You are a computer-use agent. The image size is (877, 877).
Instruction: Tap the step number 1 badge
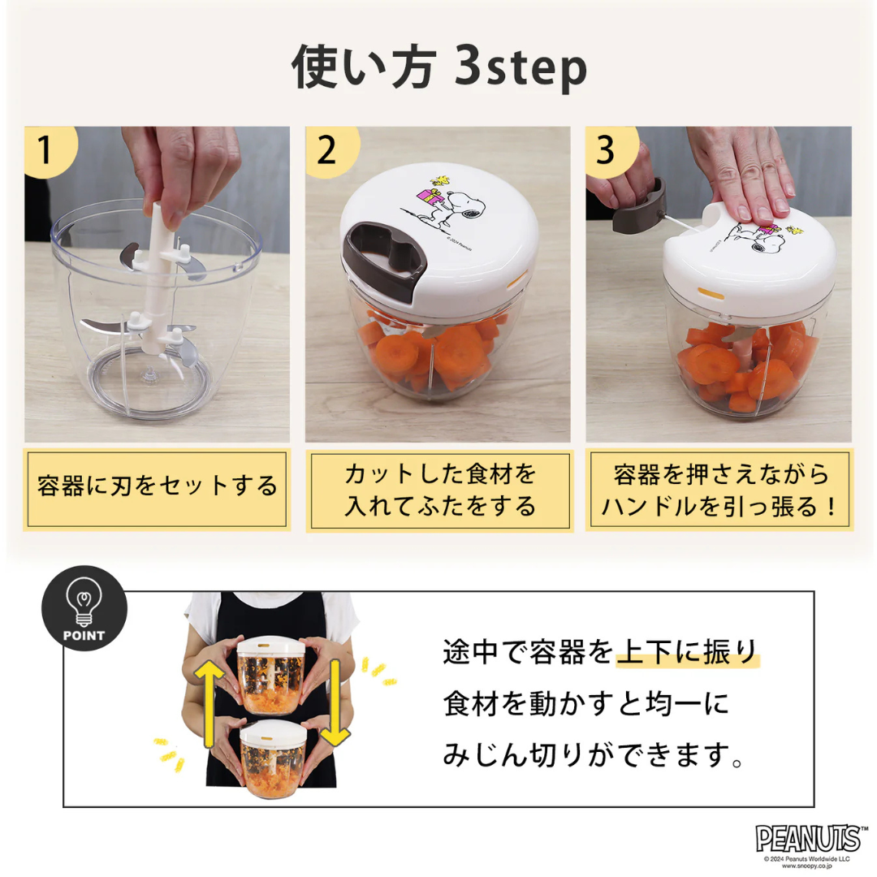pyautogui.click(x=46, y=151)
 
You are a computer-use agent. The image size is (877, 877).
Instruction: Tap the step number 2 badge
pyautogui.click(x=327, y=151)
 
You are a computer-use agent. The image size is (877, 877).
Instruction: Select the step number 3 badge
pyautogui.click(x=607, y=151)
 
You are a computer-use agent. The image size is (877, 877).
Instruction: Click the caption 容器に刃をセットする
pyautogui.click(x=157, y=487)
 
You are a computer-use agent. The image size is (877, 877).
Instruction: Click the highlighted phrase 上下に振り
pyautogui.click(x=686, y=652)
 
